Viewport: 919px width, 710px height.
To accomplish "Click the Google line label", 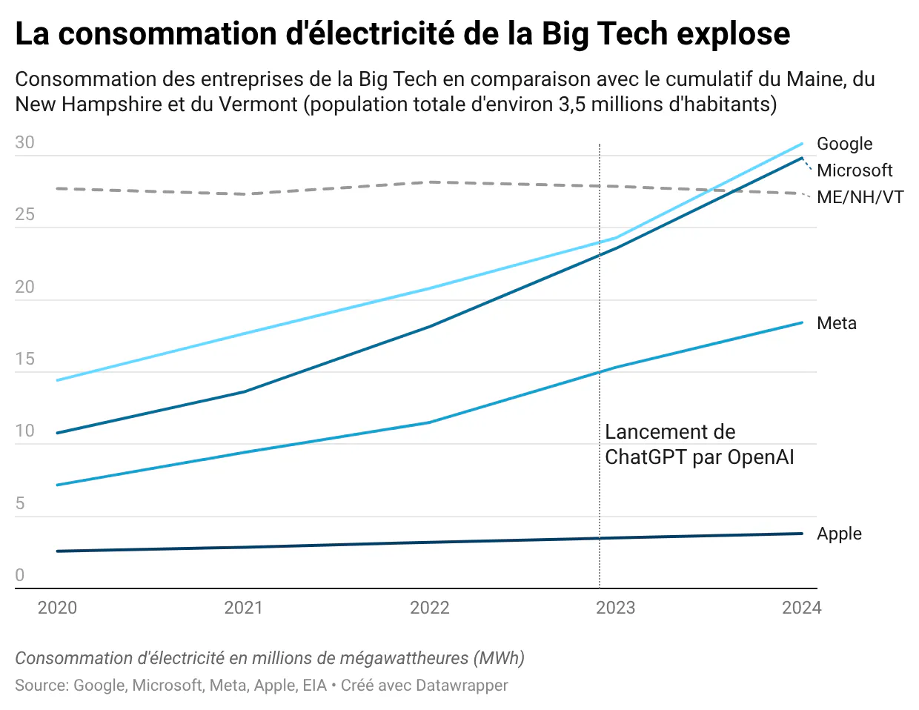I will pyautogui.click(x=844, y=144).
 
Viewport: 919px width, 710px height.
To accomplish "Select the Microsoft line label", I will pyautogui.click(x=855, y=170).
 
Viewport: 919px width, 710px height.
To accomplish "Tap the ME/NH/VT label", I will pyautogui.click(x=860, y=197).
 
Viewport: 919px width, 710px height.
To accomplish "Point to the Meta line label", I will pyautogui.click(x=837, y=323).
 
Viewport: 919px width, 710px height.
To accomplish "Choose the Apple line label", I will pyautogui.click(x=839, y=534).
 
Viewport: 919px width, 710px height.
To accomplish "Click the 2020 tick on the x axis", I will pyautogui.click(x=57, y=608).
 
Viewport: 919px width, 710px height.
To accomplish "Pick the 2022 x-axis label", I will pyautogui.click(x=430, y=608).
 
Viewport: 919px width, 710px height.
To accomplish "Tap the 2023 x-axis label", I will pyautogui.click(x=616, y=608).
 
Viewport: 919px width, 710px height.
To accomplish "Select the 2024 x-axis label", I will pyautogui.click(x=802, y=608).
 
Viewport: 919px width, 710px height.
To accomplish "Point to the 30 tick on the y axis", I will pyautogui.click(x=24, y=143).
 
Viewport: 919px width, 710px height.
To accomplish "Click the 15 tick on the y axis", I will pyautogui.click(x=24, y=359).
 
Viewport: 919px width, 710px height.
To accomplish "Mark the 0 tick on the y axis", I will pyautogui.click(x=20, y=576).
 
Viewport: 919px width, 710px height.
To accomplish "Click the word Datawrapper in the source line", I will pyautogui.click(x=461, y=686).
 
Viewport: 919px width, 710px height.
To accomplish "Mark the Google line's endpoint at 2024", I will pyautogui.click(x=802, y=144).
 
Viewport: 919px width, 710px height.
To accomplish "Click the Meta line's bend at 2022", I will pyautogui.click(x=430, y=422).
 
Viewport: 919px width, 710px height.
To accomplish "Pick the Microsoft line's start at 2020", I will pyautogui.click(x=57, y=433).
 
